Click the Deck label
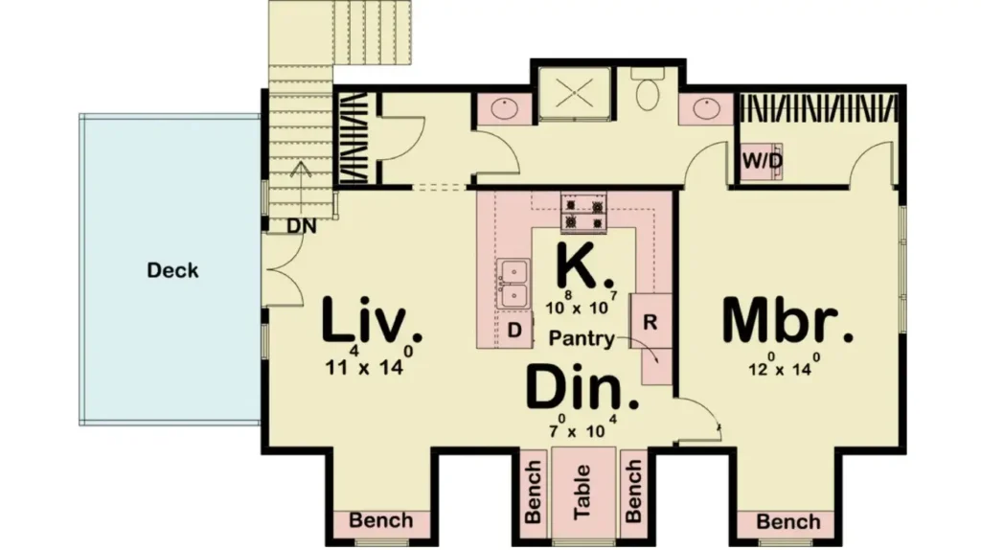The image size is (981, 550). click(172, 270)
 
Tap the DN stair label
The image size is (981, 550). click(302, 226)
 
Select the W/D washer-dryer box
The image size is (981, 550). click(762, 161)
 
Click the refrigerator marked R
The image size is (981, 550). click(650, 322)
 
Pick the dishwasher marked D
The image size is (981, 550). click(514, 330)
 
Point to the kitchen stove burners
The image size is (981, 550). click(583, 213)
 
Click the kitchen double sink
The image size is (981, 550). click(513, 284)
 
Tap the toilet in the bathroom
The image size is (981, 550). click(648, 89)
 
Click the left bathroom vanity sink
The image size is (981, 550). click(503, 109)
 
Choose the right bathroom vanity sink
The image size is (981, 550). click(706, 108)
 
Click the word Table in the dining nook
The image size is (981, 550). click(583, 492)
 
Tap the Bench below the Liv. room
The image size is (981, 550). click(381, 520)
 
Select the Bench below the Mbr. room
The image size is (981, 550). click(788, 521)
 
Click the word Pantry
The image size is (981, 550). click(582, 338)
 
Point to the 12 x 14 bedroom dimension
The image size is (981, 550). click(785, 365)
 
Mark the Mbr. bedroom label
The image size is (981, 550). click(787, 320)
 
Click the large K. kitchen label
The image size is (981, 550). click(584, 265)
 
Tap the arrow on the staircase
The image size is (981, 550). click(301, 188)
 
